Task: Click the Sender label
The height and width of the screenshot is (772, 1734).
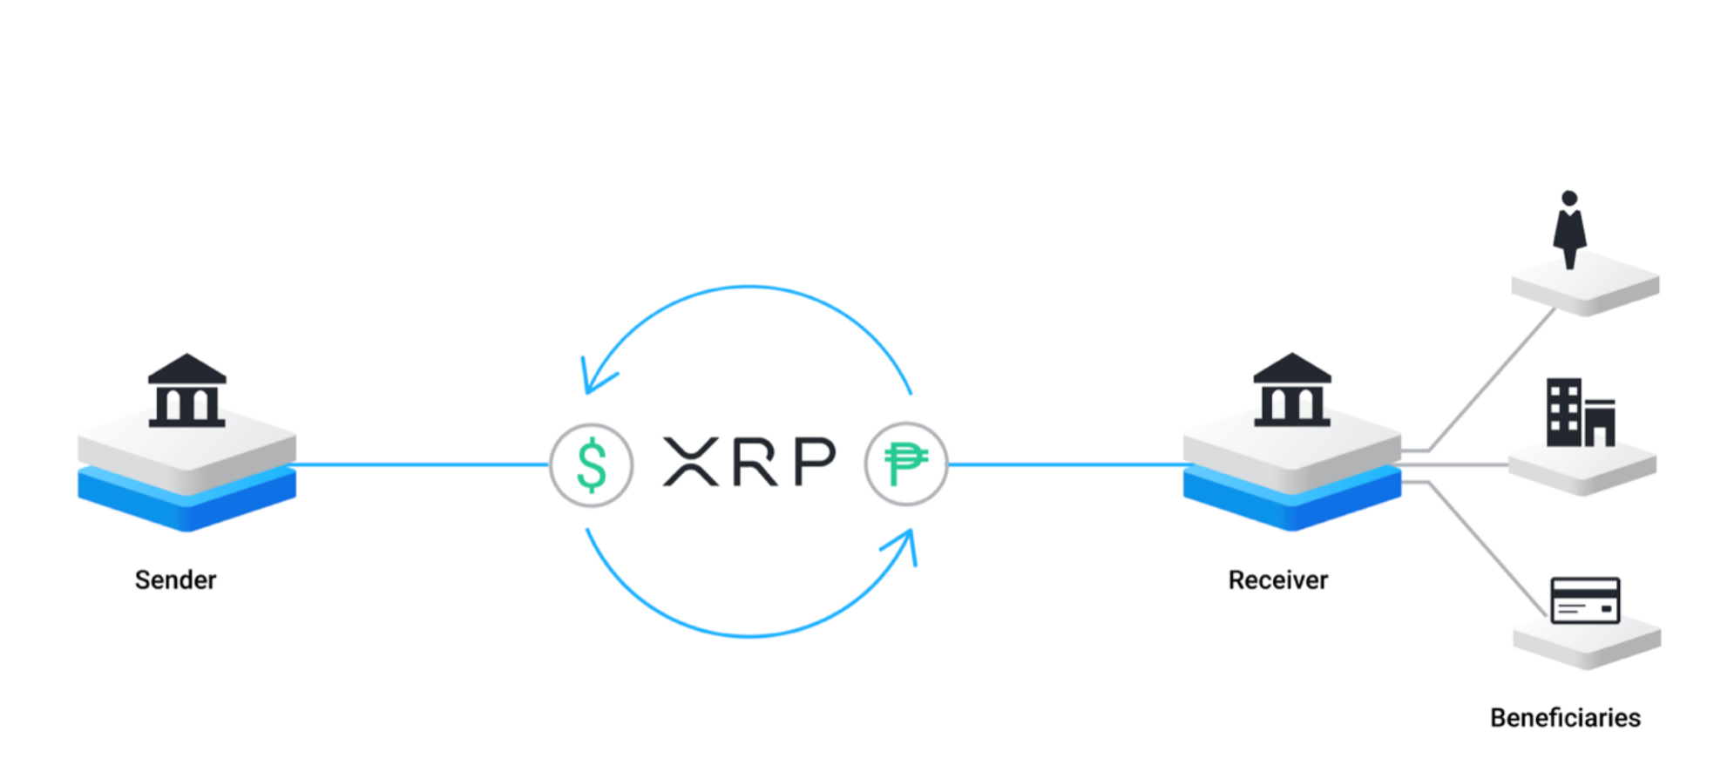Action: click(x=175, y=579)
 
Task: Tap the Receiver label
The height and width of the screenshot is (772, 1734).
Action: click(x=1277, y=579)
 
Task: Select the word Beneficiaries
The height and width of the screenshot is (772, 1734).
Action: click(x=1565, y=717)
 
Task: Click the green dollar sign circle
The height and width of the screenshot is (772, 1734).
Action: click(x=592, y=464)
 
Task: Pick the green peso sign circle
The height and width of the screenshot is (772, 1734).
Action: click(x=905, y=464)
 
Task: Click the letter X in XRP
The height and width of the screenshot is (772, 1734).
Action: click(x=691, y=462)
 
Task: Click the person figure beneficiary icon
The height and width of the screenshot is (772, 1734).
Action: click(x=1569, y=229)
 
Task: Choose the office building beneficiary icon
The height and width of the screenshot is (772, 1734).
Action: click(x=1579, y=413)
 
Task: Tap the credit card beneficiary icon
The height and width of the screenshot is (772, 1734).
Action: click(x=1585, y=600)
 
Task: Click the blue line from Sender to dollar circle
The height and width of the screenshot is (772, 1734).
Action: click(x=418, y=464)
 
